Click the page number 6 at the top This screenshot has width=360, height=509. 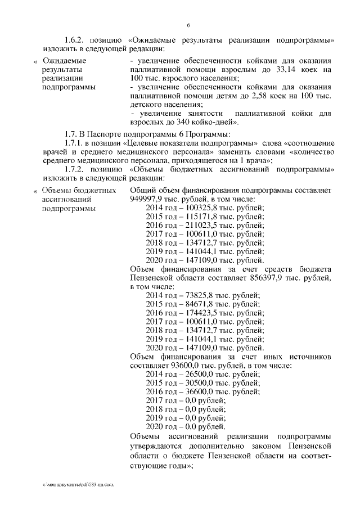tap(188, 26)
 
